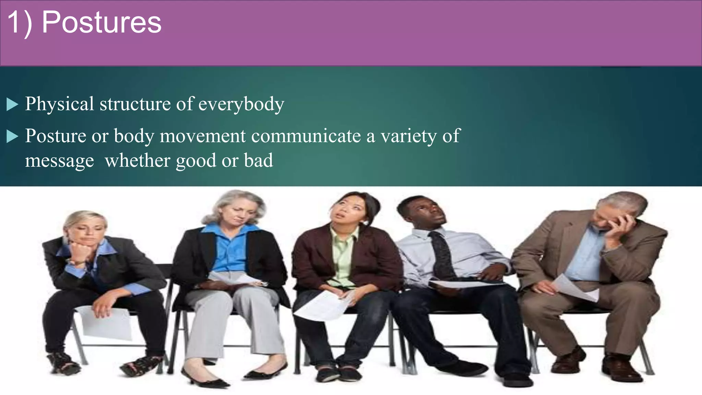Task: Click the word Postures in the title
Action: pyautogui.click(x=101, y=23)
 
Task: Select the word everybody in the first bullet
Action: pyautogui.click(x=241, y=104)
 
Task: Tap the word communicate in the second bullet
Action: pyautogui.click(x=306, y=136)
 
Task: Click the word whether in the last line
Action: pyautogui.click(x=137, y=160)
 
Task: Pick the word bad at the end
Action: pyautogui.click(x=258, y=160)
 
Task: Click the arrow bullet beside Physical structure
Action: pyautogui.click(x=12, y=104)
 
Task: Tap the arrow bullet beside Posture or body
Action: pyautogui.click(x=12, y=136)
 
